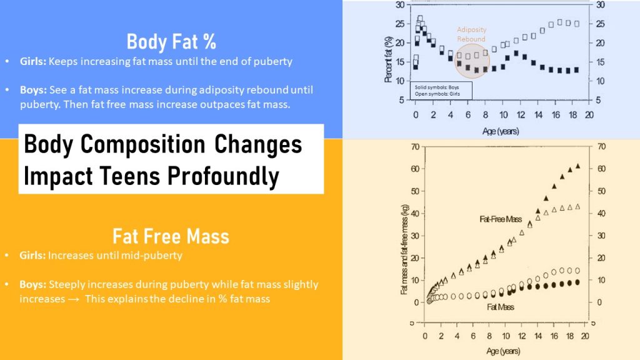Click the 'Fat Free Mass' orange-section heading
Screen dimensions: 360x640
pyautogui.click(x=171, y=236)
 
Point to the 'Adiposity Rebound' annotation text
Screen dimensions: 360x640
pyautogui.click(x=471, y=34)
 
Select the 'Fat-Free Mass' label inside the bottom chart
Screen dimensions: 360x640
pyautogui.click(x=500, y=219)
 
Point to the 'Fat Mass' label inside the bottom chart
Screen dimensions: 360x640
pyautogui.click(x=500, y=307)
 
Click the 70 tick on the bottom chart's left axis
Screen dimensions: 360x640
pyautogui.click(x=414, y=147)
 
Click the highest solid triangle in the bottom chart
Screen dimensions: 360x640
pyautogui.click(x=577, y=166)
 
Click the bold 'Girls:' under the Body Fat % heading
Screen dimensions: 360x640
pyautogui.click(x=34, y=62)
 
